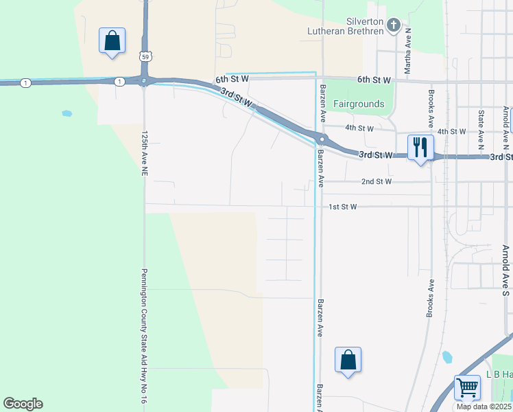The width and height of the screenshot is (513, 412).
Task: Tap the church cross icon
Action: (393, 26)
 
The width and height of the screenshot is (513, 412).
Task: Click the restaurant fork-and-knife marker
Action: (420, 147)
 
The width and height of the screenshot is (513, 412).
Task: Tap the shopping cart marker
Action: (467, 387)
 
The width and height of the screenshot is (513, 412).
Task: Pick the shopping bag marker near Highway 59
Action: (112, 41)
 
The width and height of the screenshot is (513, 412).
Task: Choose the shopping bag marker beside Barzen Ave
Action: (348, 360)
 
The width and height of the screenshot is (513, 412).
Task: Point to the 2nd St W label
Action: (377, 182)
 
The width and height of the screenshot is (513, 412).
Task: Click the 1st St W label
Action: (344, 206)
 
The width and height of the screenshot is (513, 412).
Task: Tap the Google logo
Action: (23, 404)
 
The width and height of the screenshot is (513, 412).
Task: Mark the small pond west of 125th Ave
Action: (67, 113)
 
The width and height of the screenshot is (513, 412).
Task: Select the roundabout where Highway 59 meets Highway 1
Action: (144, 81)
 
